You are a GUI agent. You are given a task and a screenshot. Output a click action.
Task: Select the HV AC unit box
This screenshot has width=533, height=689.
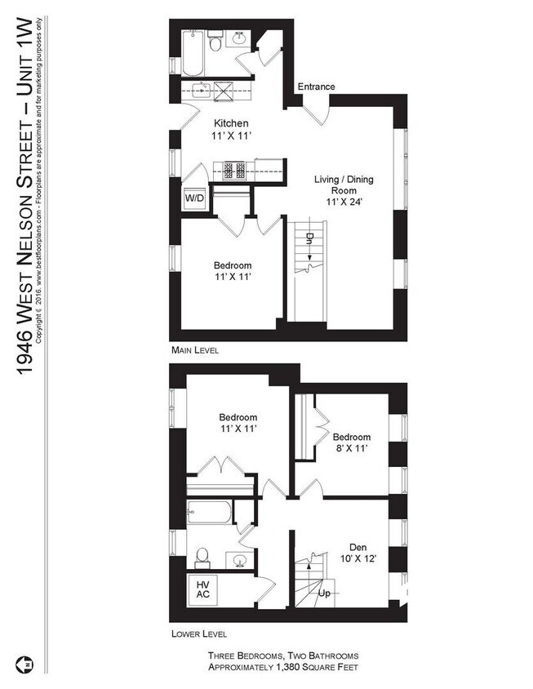[202, 589]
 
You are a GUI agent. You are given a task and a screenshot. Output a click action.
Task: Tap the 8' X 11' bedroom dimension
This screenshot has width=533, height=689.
[352, 448]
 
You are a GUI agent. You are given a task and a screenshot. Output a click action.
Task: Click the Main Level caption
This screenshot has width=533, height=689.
[195, 349]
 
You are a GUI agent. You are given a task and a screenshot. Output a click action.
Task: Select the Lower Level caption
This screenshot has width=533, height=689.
[199, 633]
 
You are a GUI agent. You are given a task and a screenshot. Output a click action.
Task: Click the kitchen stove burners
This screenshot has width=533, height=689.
[233, 171]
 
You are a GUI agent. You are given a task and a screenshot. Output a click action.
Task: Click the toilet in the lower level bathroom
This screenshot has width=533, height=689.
[205, 559]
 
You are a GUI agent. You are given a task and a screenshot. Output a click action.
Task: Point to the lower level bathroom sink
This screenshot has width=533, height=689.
[239, 560]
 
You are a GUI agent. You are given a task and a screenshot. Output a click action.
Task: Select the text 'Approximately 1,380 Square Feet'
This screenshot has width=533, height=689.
[282, 667]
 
